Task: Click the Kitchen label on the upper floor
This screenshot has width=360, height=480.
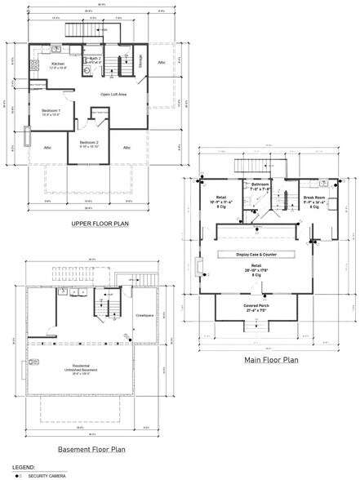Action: pyautogui.click(x=58, y=64)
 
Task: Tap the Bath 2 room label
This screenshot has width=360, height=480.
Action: pyautogui.click(x=95, y=60)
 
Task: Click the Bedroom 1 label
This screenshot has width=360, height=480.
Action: pyautogui.click(x=52, y=111)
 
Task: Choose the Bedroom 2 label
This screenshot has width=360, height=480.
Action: pyautogui.click(x=89, y=144)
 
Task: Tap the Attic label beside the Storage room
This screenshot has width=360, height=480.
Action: pyautogui.click(x=162, y=61)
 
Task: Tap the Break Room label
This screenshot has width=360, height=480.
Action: pyautogui.click(x=314, y=198)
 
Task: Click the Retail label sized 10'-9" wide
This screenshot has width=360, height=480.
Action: pyautogui.click(x=221, y=199)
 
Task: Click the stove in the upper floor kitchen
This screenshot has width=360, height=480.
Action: pyautogui.click(x=35, y=65)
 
